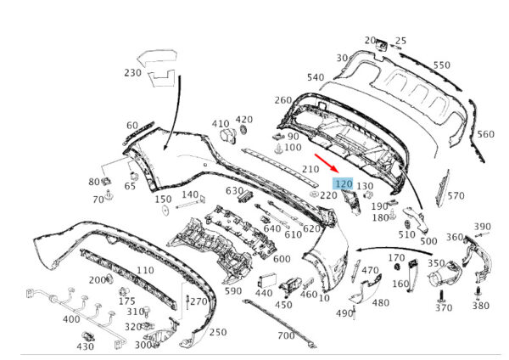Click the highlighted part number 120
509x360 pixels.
(344, 184)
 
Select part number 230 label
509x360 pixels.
(131, 73)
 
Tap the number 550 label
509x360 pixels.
(442, 65)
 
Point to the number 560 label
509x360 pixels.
(485, 134)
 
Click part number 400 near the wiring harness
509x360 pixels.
(72, 319)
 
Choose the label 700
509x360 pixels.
(286, 336)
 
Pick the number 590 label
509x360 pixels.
(233, 290)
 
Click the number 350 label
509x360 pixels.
(435, 265)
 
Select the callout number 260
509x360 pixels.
(282, 100)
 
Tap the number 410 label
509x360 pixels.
(221, 123)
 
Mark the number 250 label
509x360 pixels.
(217, 332)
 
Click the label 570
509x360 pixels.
(456, 196)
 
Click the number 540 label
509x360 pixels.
(316, 78)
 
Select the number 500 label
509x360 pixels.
(428, 241)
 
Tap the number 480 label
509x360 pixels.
(381, 303)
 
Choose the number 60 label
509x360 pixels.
(131, 126)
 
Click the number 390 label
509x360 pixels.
(482, 227)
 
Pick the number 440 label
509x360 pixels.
(263, 293)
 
